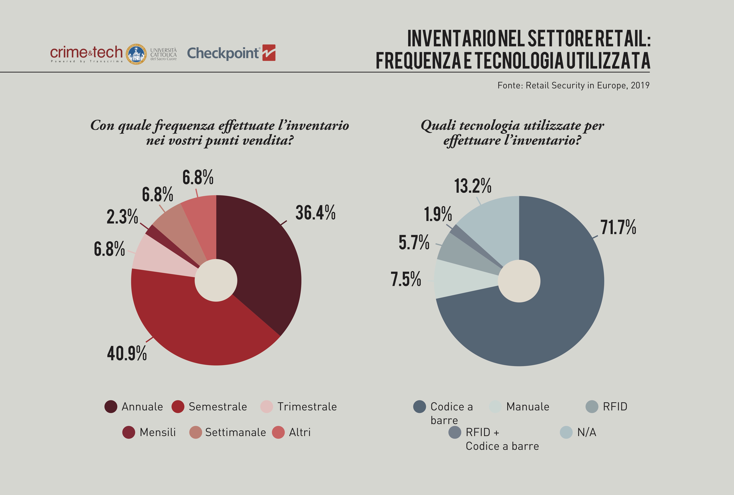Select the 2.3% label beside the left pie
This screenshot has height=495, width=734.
tap(122, 217)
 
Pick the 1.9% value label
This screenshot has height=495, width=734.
tap(438, 214)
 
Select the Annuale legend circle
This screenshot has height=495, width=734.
tap(111, 407)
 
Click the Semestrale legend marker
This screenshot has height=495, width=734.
tap(178, 407)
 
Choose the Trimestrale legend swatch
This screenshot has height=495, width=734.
tap(266, 407)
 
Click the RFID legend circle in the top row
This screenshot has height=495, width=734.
tap(592, 407)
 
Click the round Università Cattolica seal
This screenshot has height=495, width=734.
tap(136, 54)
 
